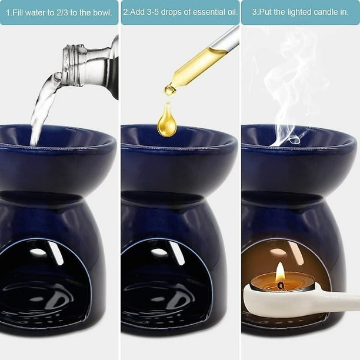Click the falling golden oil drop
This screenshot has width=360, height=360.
(x=167, y=122)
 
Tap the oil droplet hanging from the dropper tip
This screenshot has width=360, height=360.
(x=170, y=90)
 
